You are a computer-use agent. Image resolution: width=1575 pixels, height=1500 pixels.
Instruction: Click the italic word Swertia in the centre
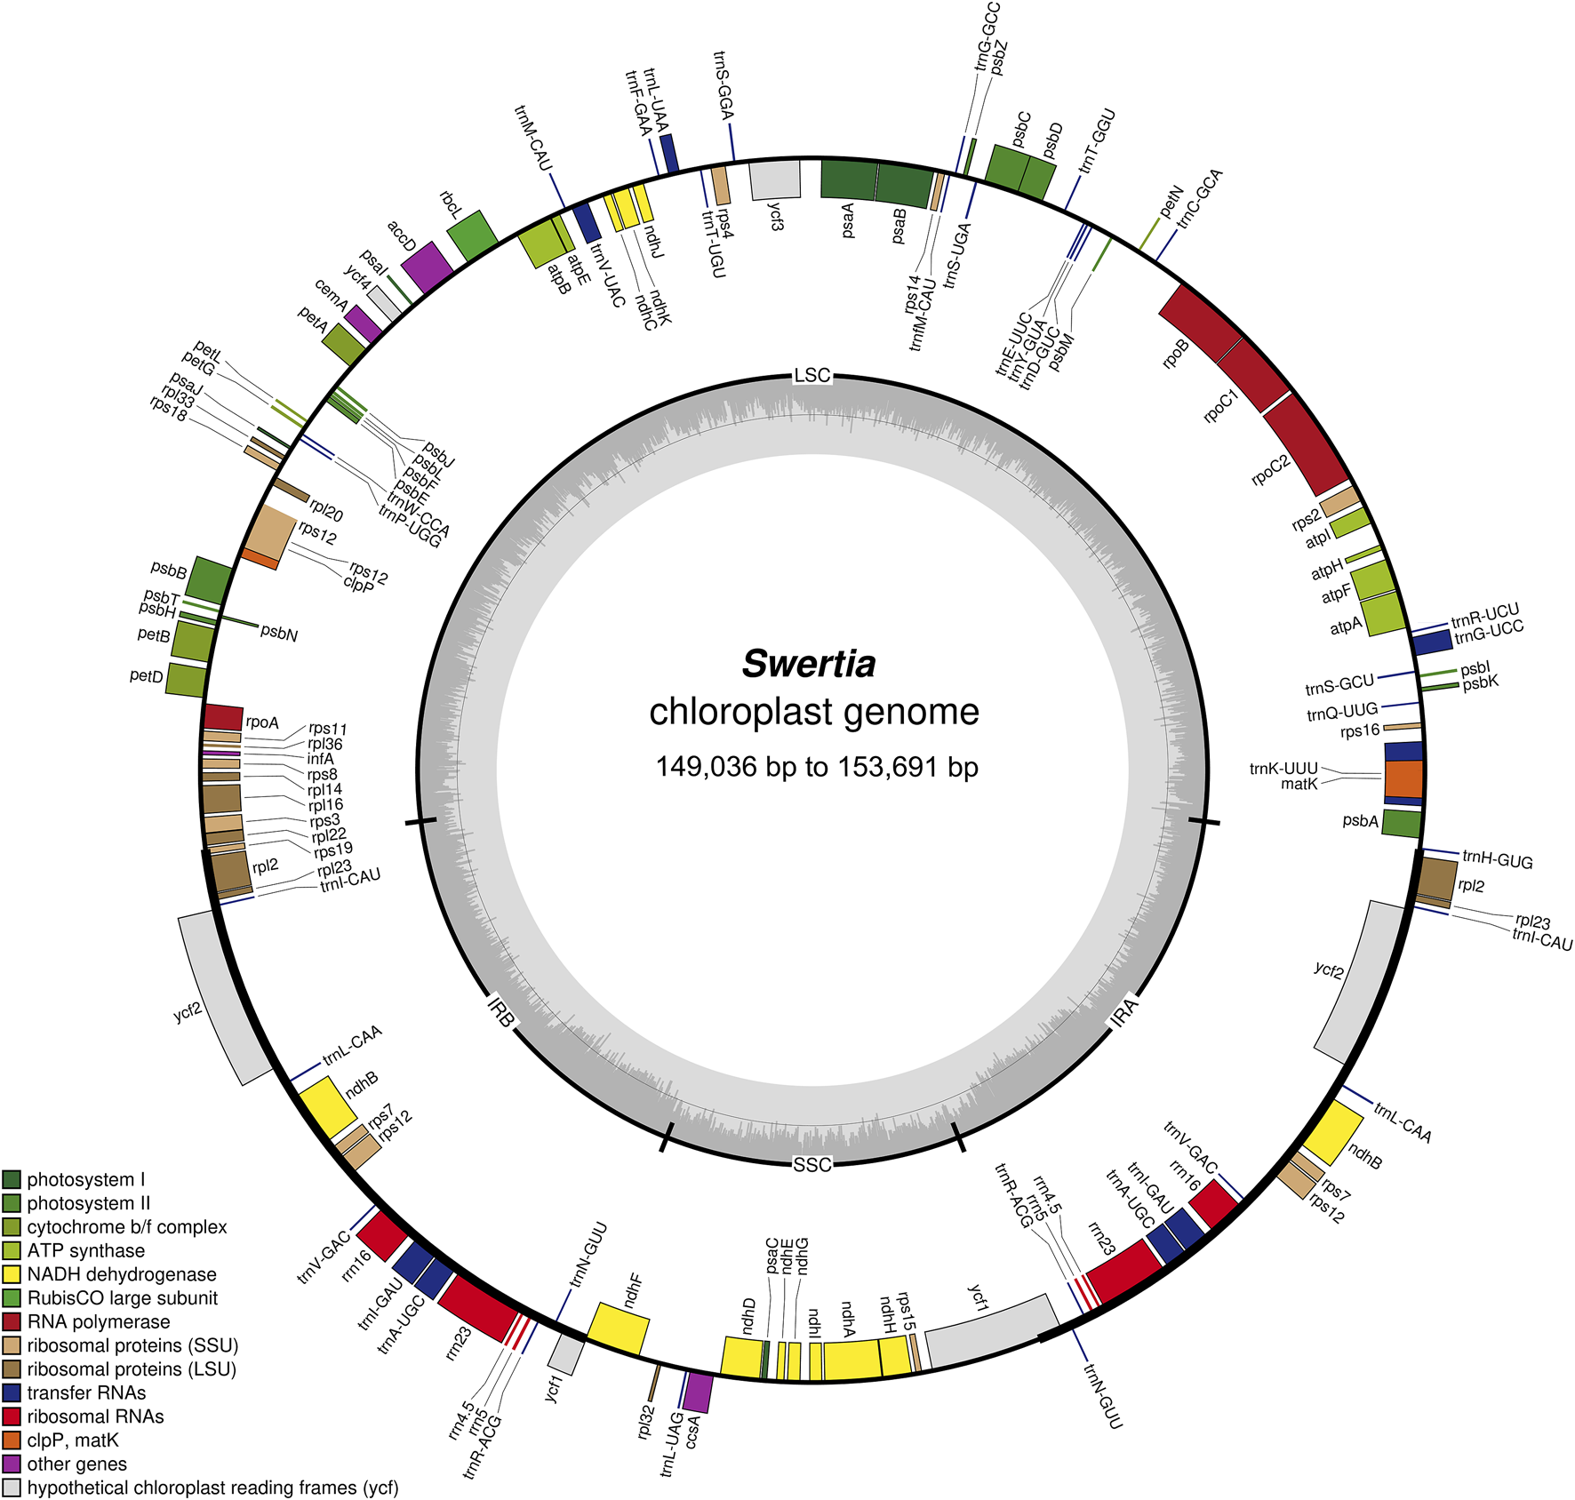point(809,664)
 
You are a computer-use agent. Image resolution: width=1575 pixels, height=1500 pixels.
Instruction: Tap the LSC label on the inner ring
point(811,376)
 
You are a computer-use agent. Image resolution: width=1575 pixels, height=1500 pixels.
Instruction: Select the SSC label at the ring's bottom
point(811,1165)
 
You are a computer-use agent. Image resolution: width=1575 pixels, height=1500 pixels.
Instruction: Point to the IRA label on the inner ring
point(1124,1012)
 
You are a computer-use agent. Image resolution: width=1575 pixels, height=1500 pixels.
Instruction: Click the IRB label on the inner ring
point(501,1012)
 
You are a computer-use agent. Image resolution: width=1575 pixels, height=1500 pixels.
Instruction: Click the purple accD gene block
point(428,267)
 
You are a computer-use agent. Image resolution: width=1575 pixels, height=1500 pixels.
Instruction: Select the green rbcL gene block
point(472,236)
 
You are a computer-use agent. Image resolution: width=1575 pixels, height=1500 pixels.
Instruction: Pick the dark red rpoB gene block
point(1200,322)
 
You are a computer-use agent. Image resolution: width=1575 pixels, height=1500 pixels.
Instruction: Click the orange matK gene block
point(1403,779)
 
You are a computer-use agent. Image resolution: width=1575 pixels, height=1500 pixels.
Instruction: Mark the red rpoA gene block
point(223,717)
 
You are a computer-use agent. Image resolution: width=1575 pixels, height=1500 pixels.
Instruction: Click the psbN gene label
point(279,634)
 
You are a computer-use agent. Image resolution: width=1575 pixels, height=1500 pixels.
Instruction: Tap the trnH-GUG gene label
point(1498,859)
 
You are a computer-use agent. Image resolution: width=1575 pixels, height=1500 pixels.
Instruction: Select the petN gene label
point(1171,201)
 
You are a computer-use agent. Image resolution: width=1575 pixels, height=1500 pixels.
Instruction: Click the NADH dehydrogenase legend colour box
point(12,1274)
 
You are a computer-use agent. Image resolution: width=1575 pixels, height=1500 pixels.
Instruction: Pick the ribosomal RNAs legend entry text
point(95,1416)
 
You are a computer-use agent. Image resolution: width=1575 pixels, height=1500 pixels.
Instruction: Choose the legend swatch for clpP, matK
point(12,1440)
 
